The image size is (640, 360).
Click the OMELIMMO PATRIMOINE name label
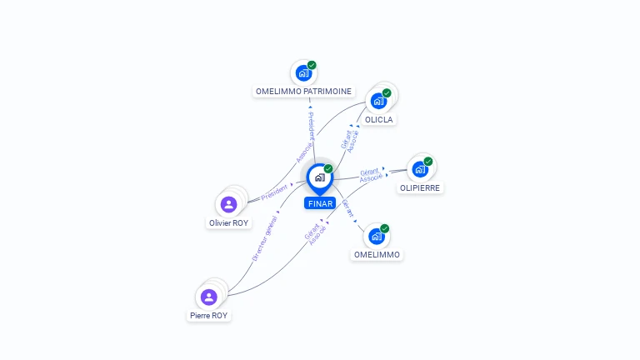(303, 91)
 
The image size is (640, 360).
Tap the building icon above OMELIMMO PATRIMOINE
(303, 73)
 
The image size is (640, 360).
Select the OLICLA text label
(378, 119)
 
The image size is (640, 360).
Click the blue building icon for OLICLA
(378, 101)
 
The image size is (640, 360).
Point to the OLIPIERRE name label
(420, 187)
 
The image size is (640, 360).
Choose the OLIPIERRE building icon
(420, 169)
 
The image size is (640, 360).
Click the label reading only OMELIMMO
(377, 254)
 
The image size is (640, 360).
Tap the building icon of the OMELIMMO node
(377, 237)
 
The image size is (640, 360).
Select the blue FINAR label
(320, 203)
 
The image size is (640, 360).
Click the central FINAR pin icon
(319, 177)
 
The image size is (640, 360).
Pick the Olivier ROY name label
(228, 222)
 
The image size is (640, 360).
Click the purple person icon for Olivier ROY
(228, 204)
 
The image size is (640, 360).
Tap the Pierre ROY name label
(208, 315)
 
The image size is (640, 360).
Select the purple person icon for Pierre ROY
(208, 297)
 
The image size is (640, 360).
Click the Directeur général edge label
(264, 237)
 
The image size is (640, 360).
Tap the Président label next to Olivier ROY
(274, 192)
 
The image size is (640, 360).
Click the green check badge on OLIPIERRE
(428, 161)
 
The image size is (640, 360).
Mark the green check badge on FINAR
(328, 168)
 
